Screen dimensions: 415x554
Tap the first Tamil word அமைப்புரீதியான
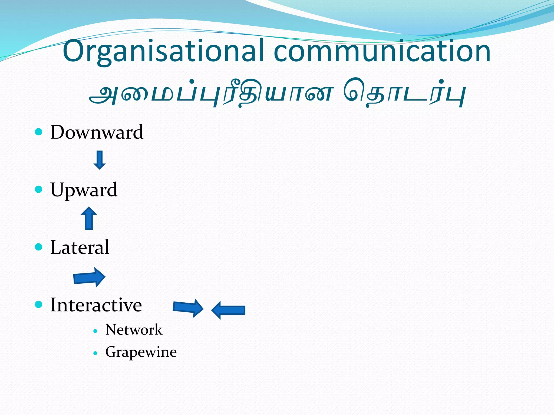click(211, 93)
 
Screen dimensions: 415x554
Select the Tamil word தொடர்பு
click(404, 93)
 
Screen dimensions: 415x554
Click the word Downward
click(97, 132)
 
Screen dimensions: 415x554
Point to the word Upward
click(84, 190)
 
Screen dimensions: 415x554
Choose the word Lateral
click(80, 247)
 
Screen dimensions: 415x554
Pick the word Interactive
click(96, 305)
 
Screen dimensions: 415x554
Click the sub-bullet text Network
click(134, 330)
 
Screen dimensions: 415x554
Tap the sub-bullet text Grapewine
click(141, 352)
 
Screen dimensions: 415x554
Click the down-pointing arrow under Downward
click(100, 160)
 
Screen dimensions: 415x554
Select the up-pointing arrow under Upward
click(89, 218)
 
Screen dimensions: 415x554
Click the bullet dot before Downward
click(39, 132)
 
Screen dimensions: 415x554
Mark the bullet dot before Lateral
click(39, 247)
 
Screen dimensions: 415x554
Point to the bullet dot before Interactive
click(39, 304)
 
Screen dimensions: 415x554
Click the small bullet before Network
click(95, 331)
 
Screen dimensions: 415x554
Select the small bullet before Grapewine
click(95, 353)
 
